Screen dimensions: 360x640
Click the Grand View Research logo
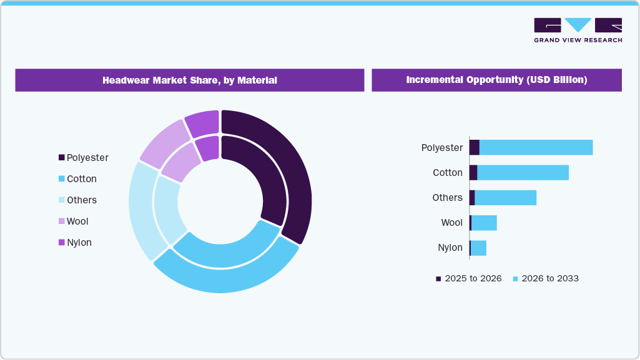(x=578, y=30)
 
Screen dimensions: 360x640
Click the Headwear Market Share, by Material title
(x=189, y=80)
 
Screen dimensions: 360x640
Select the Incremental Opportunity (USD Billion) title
(x=496, y=80)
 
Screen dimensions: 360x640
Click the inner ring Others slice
(x=167, y=209)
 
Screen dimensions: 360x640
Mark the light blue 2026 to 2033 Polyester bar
(x=536, y=148)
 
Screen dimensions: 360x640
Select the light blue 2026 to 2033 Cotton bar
(x=523, y=173)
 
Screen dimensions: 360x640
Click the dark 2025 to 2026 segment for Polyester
(x=474, y=148)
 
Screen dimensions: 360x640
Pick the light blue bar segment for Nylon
(x=478, y=248)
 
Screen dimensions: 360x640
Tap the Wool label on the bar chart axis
(x=451, y=223)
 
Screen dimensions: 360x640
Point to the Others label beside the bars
(x=447, y=198)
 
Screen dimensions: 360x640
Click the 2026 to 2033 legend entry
(x=545, y=278)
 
